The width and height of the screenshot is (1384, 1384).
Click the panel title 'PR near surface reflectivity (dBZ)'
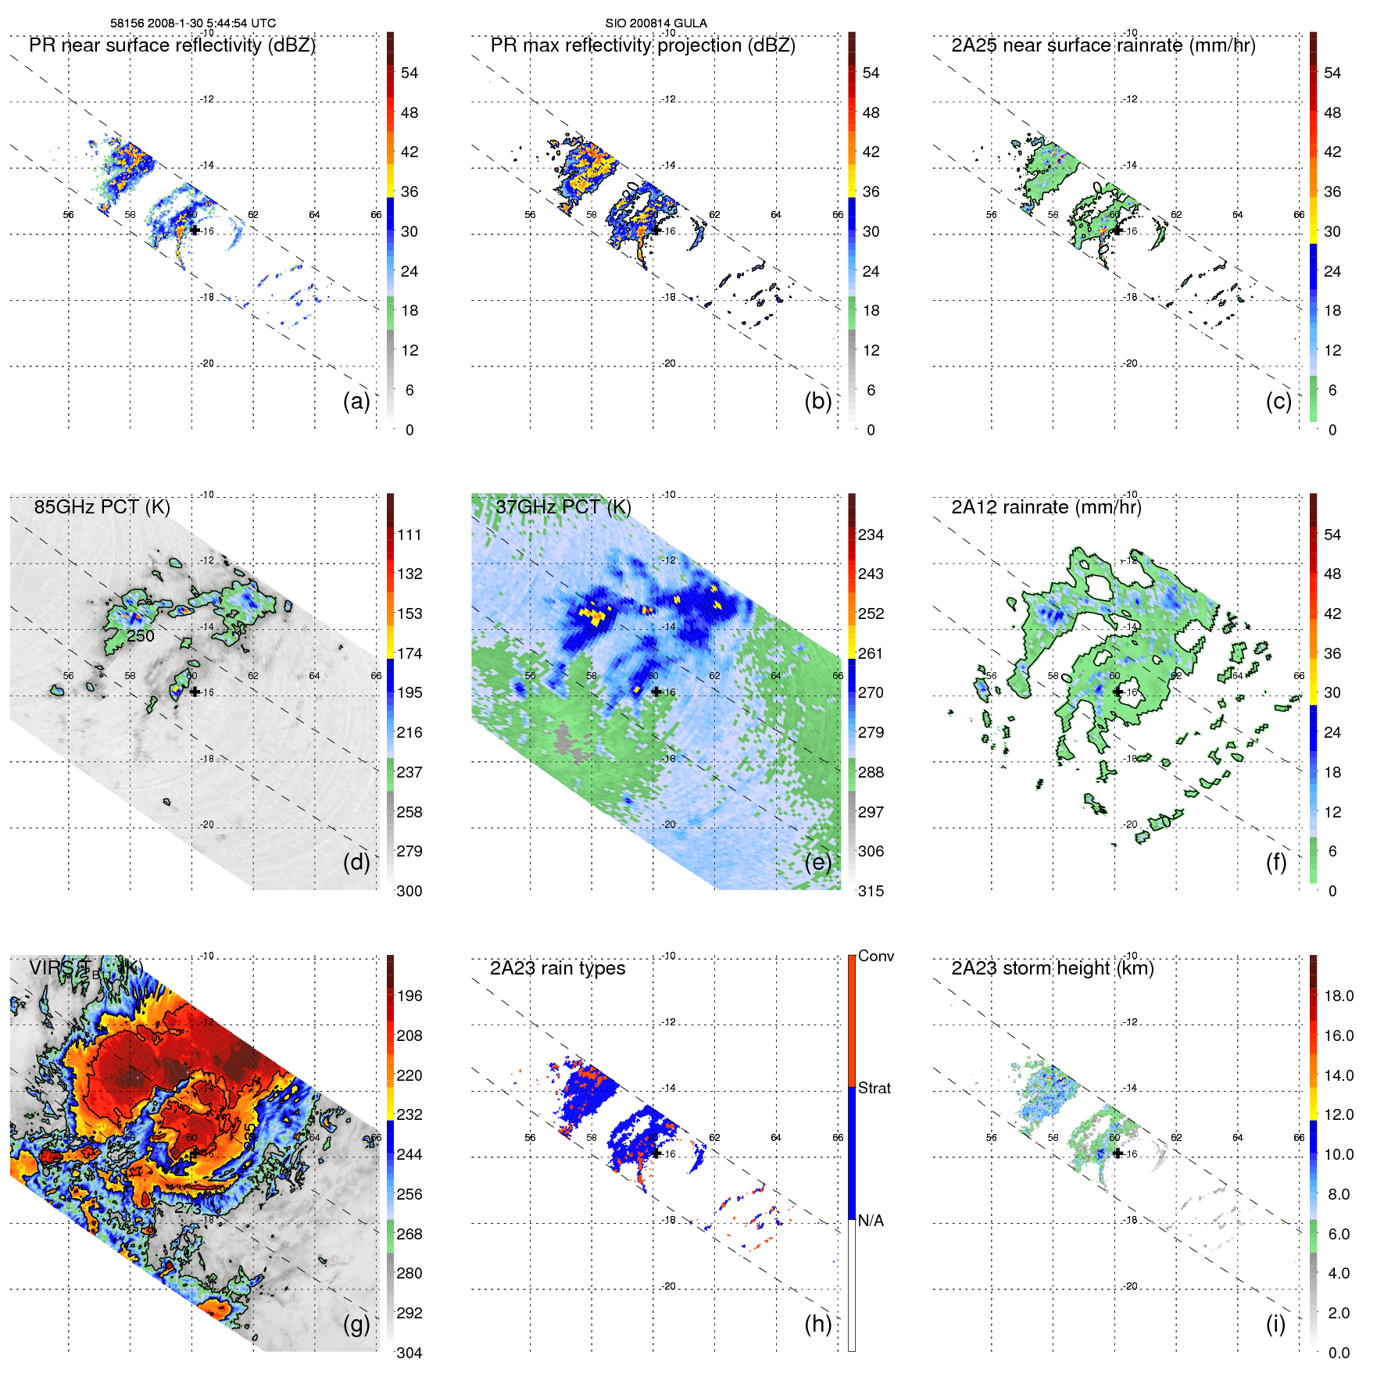(172, 45)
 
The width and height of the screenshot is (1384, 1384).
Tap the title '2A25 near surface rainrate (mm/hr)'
(1103, 45)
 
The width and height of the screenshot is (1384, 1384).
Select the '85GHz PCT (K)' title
(102, 507)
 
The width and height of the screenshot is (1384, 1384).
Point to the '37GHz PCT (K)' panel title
(563, 507)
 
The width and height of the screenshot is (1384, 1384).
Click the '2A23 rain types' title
(557, 968)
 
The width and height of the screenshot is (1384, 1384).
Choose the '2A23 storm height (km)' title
(1052, 968)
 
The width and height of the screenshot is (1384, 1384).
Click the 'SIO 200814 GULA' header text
(656, 23)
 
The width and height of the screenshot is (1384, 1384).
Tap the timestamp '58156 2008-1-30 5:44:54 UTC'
(192, 23)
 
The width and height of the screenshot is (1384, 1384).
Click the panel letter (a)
(356, 401)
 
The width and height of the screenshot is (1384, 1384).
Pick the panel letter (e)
(818, 862)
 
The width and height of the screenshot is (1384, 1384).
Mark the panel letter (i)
(1275, 1323)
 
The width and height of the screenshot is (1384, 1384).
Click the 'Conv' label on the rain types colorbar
(875, 956)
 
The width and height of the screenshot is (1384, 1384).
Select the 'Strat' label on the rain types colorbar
(874, 1088)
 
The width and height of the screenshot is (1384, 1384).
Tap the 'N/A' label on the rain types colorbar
(871, 1221)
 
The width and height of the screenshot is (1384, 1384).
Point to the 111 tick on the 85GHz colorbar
(409, 535)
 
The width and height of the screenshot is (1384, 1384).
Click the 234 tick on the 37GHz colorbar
(871, 535)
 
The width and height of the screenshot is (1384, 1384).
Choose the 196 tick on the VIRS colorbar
(409, 996)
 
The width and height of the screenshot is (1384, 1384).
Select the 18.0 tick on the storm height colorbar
(1338, 996)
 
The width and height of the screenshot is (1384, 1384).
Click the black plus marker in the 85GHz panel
(195, 692)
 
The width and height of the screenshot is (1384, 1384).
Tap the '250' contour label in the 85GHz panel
(141, 636)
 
